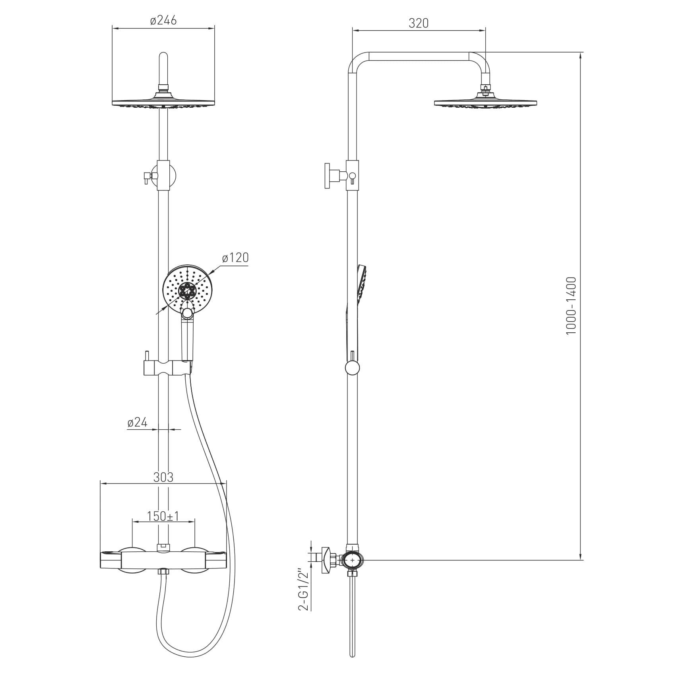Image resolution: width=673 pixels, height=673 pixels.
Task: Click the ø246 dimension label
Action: [x=163, y=21]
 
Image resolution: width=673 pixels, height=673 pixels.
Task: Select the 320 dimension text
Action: [x=419, y=23]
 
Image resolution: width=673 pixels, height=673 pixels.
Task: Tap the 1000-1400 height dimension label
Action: [x=571, y=306]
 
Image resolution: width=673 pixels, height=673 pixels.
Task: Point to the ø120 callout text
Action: [x=235, y=258]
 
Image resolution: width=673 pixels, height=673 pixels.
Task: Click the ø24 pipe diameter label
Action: [x=138, y=423]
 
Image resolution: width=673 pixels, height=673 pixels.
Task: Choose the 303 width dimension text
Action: [x=163, y=477]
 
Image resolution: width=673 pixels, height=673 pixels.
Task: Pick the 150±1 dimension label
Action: [x=163, y=516]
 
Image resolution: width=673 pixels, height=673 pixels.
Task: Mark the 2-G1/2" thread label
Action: [x=305, y=591]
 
